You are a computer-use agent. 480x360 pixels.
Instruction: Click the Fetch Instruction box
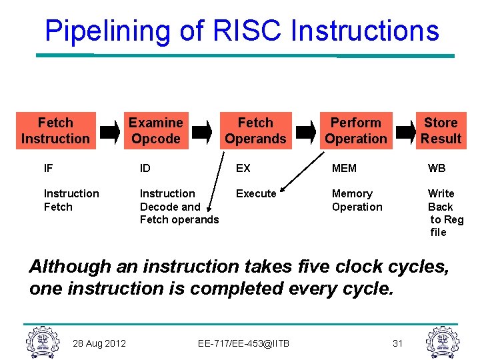click(x=55, y=131)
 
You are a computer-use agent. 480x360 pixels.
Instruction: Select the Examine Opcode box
click(x=155, y=131)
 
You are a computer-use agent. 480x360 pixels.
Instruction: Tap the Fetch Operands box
click(x=255, y=131)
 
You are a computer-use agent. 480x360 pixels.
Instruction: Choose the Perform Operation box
click(x=356, y=131)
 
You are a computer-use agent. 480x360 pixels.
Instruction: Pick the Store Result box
click(x=441, y=131)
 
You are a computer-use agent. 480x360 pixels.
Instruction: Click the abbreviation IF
click(x=48, y=169)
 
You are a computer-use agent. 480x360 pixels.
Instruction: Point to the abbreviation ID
click(x=145, y=169)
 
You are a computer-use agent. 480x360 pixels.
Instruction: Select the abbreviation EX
click(x=243, y=169)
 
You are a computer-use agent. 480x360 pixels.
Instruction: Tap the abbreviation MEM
click(x=344, y=169)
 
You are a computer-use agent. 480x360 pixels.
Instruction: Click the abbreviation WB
click(x=437, y=169)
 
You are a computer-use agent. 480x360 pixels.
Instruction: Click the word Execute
click(x=256, y=193)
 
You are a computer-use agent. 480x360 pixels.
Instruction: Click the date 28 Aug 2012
click(x=100, y=343)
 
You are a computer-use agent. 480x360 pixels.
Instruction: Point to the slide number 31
click(x=397, y=343)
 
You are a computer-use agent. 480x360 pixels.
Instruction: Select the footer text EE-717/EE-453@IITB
click(x=243, y=343)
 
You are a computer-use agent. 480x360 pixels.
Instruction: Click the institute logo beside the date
click(x=41, y=341)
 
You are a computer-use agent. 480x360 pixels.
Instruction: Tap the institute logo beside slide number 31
click(x=443, y=341)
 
